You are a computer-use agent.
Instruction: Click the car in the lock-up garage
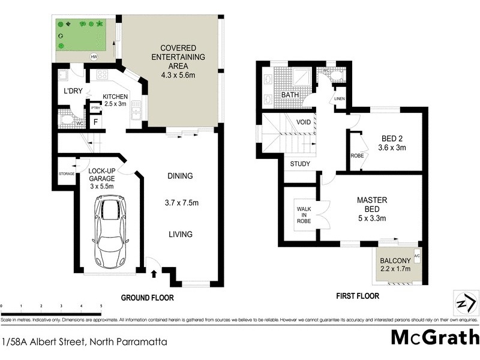109,231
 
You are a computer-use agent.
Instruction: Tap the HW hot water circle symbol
93,57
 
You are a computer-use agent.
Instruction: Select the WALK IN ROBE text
304,214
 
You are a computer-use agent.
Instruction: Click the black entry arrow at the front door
153,275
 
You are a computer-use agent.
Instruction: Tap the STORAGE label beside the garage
67,173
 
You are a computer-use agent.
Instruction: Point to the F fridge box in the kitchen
95,122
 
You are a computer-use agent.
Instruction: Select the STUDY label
300,163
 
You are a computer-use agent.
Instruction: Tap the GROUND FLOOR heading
147,298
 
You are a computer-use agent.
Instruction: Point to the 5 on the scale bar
101,306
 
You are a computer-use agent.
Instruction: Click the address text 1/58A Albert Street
84,342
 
